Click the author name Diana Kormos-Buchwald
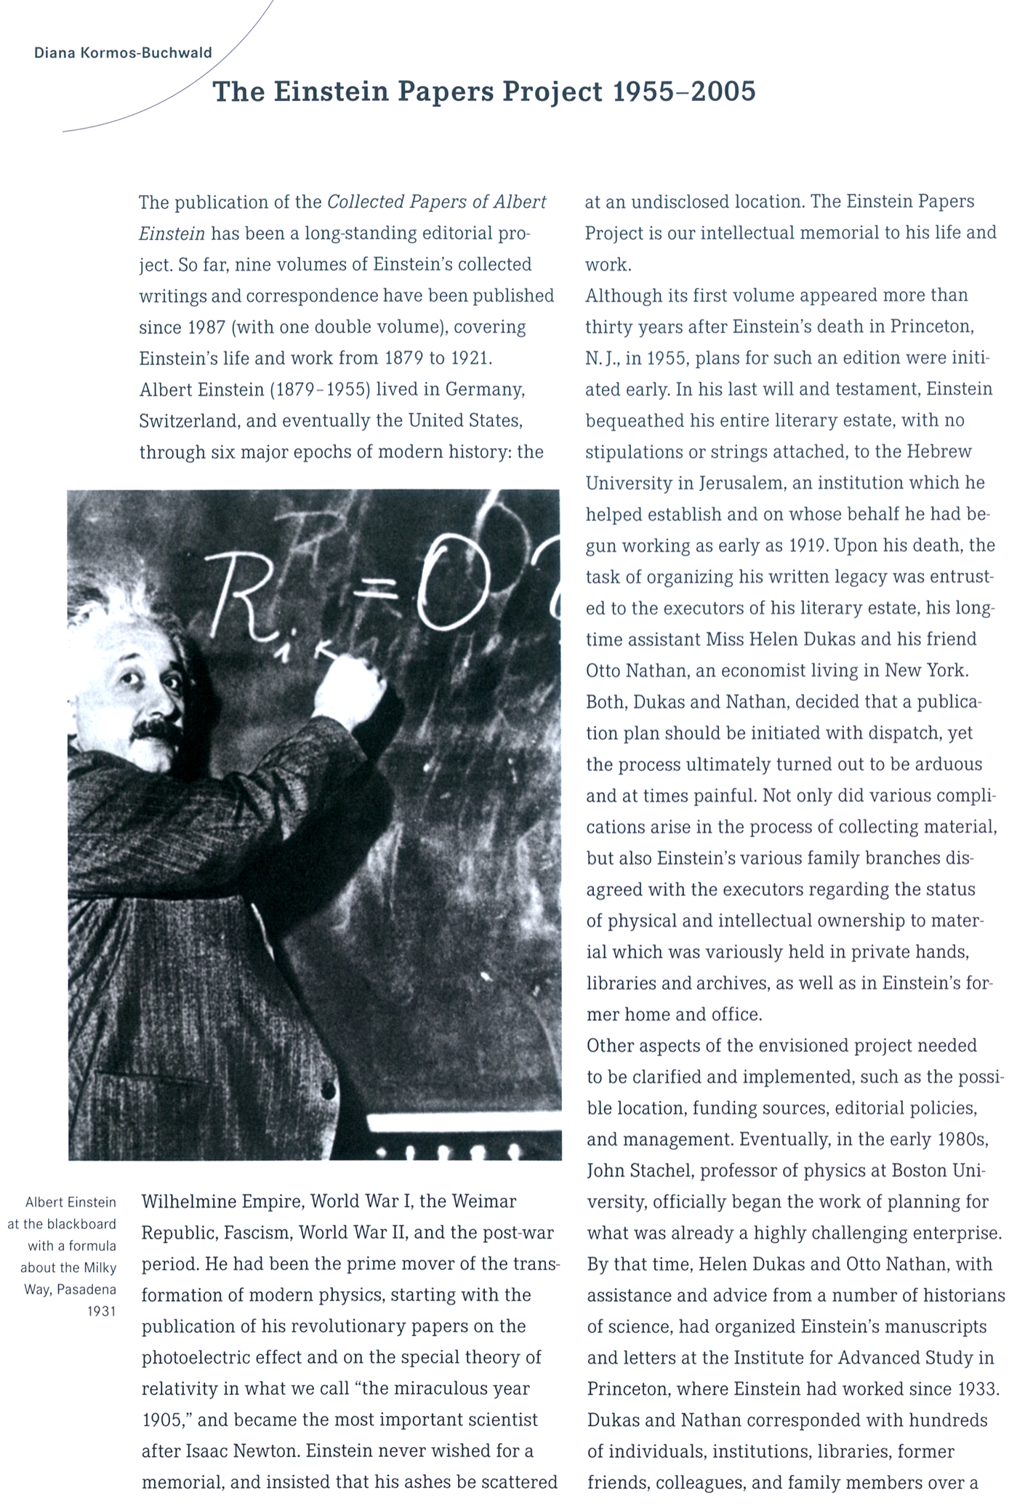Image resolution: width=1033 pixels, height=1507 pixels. pos(123,53)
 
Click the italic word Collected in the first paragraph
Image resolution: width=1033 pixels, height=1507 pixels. pos(365,202)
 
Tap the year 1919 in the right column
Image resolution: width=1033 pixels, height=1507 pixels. pos(809,545)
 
